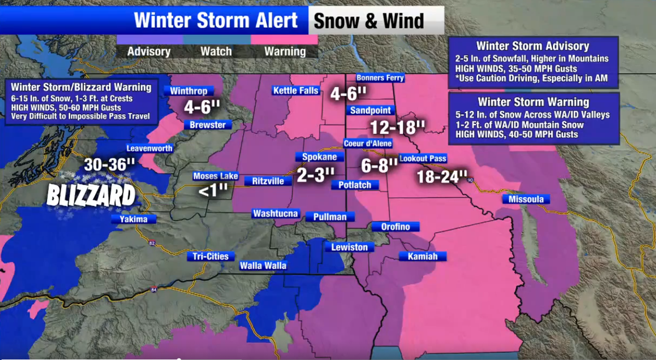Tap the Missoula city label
tap(526, 199)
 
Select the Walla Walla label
tap(263, 266)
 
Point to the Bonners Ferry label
tap(380, 78)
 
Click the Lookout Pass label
tap(423, 158)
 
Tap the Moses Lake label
tap(215, 176)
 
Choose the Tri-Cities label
tap(211, 256)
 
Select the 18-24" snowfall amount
tap(442, 177)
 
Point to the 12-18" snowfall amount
tap(397, 127)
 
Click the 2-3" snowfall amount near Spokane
tap(315, 174)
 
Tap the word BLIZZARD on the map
tap(91, 196)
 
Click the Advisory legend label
tap(149, 51)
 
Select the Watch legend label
tap(216, 51)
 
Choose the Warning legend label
tap(285, 51)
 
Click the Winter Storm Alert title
tap(216, 21)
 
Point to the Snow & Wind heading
tap(368, 21)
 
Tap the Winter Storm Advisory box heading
tap(532, 46)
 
